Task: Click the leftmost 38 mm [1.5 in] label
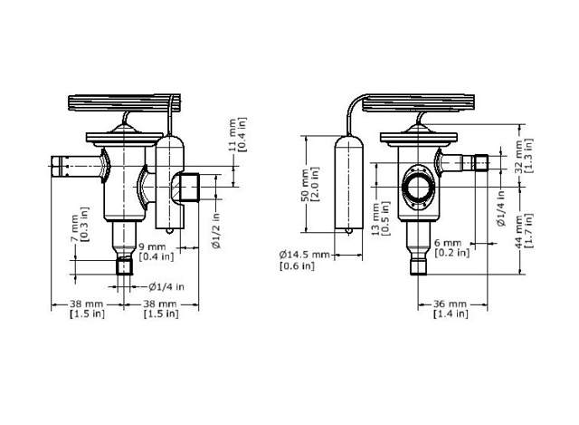(87, 308)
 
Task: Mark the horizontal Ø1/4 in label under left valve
(166, 286)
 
